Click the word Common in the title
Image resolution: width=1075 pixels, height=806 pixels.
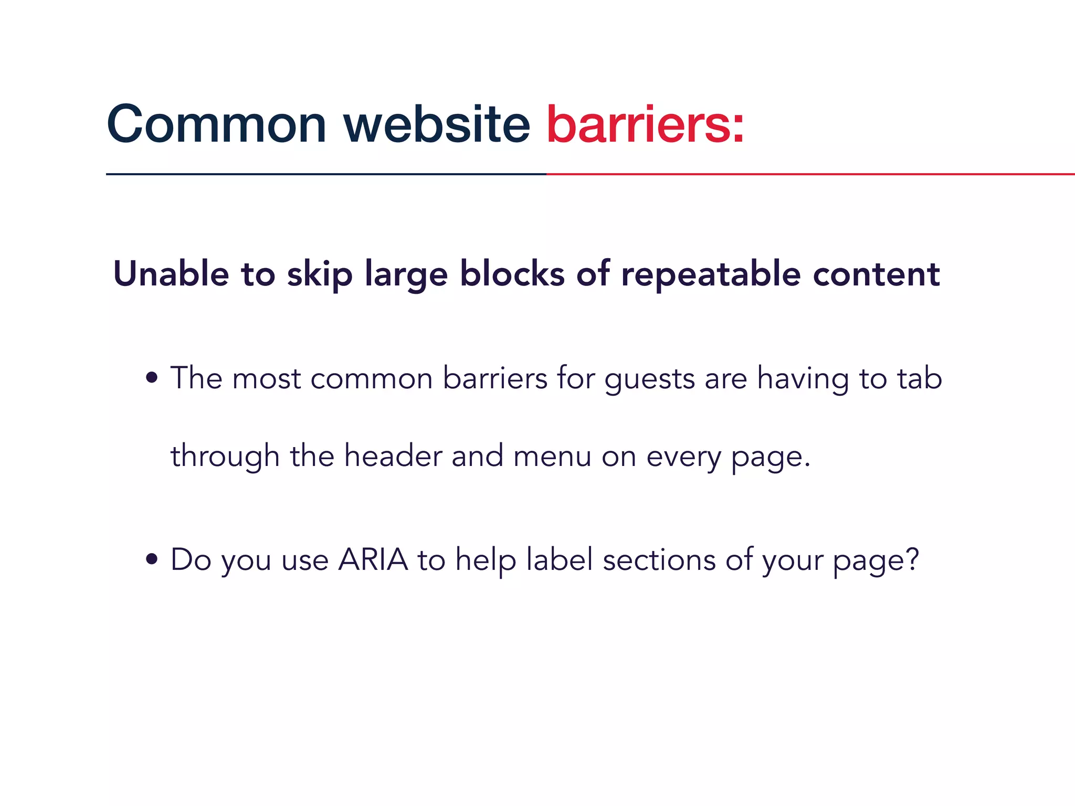[x=216, y=124]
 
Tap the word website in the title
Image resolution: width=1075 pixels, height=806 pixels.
[x=437, y=124]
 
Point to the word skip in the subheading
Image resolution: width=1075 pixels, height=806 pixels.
[x=319, y=274]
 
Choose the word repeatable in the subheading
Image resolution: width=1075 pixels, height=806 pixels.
[x=711, y=274]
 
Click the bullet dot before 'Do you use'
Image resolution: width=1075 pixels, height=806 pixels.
[x=152, y=559]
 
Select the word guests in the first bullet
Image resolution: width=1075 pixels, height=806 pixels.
[x=650, y=379]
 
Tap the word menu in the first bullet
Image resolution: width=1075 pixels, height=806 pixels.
[x=552, y=456]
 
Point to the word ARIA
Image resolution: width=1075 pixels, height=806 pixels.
[x=373, y=559]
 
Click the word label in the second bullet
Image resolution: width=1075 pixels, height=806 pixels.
[x=560, y=559]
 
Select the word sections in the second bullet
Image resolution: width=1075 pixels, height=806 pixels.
[x=659, y=560]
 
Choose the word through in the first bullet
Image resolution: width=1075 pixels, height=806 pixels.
[x=225, y=456]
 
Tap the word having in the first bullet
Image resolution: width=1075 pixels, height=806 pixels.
[x=803, y=379]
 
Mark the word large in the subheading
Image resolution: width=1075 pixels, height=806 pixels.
[x=406, y=274]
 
